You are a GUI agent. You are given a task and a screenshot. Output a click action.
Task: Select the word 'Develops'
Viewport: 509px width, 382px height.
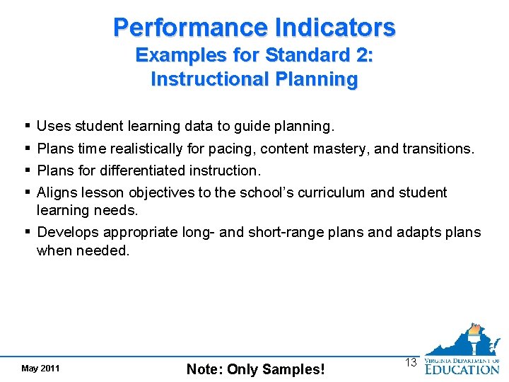tap(69, 232)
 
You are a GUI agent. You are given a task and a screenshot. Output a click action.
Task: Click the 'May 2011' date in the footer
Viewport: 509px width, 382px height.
tap(40, 369)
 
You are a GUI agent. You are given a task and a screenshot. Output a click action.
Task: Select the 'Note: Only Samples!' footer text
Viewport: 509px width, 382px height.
tap(255, 369)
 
